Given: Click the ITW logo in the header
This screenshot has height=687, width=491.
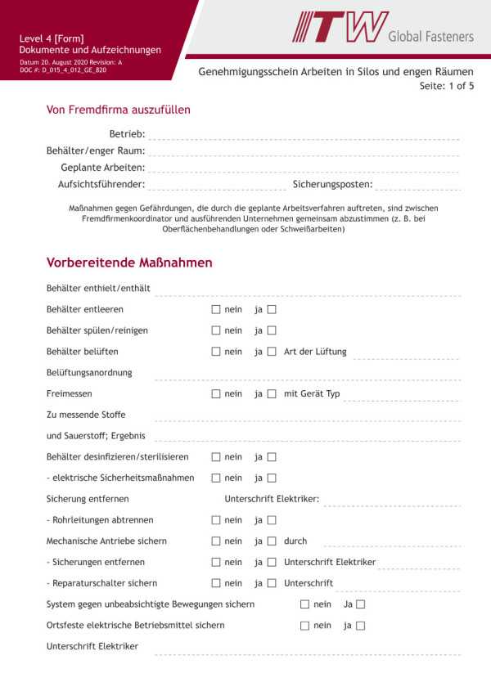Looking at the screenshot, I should point(340,27).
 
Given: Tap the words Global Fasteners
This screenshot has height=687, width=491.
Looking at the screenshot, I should point(430,36).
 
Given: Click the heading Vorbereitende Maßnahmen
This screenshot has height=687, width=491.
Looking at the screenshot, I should point(129,263).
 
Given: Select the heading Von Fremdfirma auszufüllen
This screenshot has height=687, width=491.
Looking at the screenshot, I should point(119,110).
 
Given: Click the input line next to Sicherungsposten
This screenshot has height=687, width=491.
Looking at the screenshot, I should point(417,186).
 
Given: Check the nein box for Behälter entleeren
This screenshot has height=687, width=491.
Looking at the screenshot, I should point(216,310).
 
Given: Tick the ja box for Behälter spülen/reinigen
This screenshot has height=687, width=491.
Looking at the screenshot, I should point(272,331).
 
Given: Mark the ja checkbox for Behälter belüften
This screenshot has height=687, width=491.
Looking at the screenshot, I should point(272,352).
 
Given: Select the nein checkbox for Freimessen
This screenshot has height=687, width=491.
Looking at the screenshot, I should point(216,394).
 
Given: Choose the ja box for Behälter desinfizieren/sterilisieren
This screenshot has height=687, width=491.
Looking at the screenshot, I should point(272,457).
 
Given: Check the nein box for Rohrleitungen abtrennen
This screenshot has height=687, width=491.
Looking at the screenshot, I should point(216,520).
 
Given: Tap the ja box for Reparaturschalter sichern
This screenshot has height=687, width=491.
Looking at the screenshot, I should point(272,584).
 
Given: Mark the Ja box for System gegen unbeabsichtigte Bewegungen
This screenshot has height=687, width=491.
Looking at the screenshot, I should point(360,605).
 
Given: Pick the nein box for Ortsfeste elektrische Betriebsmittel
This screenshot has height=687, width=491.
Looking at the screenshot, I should point(304,626).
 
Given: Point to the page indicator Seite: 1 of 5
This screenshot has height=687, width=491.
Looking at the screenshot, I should point(446,86).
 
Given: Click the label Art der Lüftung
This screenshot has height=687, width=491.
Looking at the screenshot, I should point(315,352).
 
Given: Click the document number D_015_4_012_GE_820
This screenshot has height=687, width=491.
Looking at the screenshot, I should point(74,70).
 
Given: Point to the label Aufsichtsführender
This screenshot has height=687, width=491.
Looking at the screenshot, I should point(101,185).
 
